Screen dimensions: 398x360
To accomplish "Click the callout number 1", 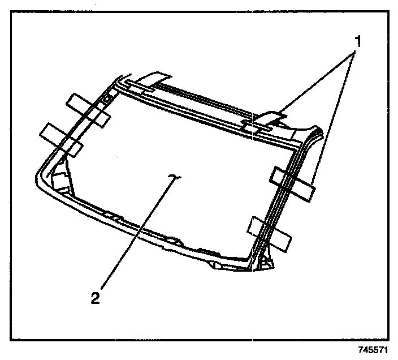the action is [357, 41].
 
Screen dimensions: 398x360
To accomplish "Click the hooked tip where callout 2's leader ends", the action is [174, 177].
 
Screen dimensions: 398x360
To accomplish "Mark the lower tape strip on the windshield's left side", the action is [61, 139].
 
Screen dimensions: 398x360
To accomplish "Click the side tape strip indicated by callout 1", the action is [293, 182].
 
